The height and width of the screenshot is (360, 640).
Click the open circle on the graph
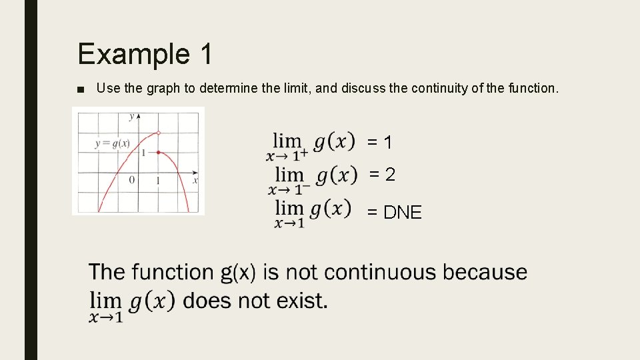[x=158, y=133]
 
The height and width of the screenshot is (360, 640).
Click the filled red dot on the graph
[x=158, y=153]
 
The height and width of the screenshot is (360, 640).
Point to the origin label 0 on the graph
[x=131, y=180]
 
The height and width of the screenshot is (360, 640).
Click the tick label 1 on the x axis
[x=158, y=181]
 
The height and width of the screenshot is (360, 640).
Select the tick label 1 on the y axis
[x=143, y=153]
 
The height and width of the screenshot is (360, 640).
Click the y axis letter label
[x=131, y=117]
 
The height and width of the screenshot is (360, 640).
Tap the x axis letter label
[x=195, y=180]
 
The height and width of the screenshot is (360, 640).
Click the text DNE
[x=403, y=213]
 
